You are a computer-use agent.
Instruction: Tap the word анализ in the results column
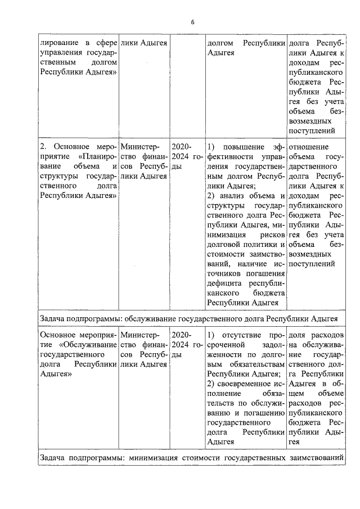(233, 195)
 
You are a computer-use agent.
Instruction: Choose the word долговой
(224, 244)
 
